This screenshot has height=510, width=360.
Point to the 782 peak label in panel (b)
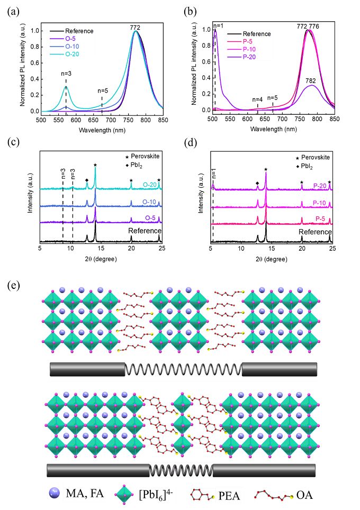(x=310, y=80)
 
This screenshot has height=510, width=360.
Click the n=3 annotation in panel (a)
(x=66, y=74)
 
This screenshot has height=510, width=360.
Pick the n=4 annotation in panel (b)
(x=257, y=99)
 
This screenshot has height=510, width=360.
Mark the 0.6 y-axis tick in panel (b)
(x=206, y=61)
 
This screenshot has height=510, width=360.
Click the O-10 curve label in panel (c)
(x=149, y=202)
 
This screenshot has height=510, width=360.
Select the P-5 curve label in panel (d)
(x=320, y=219)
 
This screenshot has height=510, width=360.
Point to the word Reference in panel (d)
(x=315, y=232)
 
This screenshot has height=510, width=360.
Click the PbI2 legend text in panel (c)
(x=137, y=166)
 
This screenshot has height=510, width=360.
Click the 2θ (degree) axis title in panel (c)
(x=101, y=259)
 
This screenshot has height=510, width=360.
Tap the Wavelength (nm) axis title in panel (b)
(x=273, y=129)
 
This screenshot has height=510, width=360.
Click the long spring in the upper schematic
(x=184, y=369)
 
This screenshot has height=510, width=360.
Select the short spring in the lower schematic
(x=181, y=470)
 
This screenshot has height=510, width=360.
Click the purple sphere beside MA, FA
(x=54, y=493)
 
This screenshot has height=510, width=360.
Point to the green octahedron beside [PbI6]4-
(x=124, y=494)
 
